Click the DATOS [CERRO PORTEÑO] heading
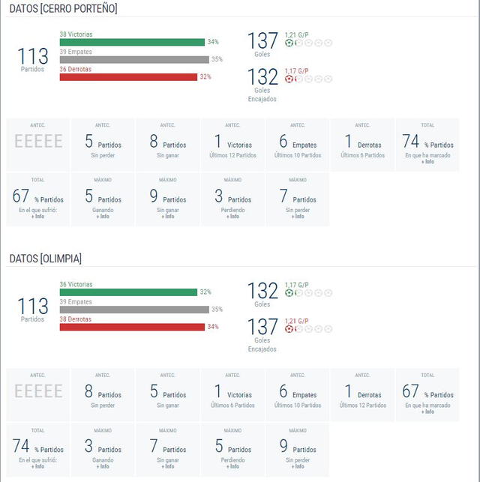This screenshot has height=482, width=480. (63, 8)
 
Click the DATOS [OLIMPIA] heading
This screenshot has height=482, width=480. (46, 258)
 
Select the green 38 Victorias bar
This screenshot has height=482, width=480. (132, 42)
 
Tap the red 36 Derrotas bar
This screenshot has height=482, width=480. (128, 76)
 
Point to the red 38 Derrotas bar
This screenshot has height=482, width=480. (132, 326)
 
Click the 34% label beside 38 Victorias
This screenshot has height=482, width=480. (214, 42)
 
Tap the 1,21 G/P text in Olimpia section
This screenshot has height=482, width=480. (296, 321)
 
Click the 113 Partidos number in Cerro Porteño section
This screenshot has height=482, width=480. (33, 56)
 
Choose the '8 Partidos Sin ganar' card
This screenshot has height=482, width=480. (168, 144)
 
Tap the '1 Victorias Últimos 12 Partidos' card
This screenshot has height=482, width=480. (232, 144)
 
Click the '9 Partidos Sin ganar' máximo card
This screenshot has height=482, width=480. (168, 199)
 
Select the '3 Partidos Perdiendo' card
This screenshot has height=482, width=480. (232, 199)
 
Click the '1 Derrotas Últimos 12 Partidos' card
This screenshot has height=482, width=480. (362, 394)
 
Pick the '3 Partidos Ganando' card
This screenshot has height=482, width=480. (103, 449)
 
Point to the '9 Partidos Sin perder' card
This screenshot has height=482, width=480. (298, 449)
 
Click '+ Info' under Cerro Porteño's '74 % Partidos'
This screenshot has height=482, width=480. (427, 161)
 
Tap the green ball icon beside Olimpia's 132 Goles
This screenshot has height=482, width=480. (289, 293)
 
